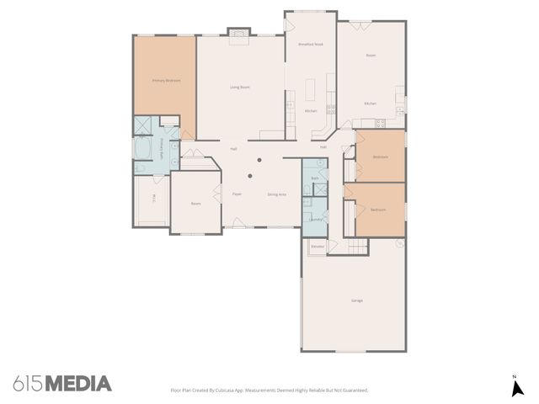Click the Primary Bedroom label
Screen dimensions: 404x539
164,81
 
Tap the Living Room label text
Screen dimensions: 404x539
240,87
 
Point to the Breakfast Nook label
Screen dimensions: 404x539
311,44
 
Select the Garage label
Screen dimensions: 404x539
357,300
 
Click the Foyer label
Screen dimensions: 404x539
237,194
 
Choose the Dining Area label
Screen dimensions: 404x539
277,194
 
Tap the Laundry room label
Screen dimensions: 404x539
315,219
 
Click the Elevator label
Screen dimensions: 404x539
318,246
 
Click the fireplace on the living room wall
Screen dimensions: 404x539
240,35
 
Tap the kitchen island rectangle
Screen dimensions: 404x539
312,88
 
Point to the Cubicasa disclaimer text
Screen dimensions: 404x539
269,391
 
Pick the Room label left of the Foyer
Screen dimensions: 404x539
195,204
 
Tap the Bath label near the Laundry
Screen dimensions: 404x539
314,178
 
